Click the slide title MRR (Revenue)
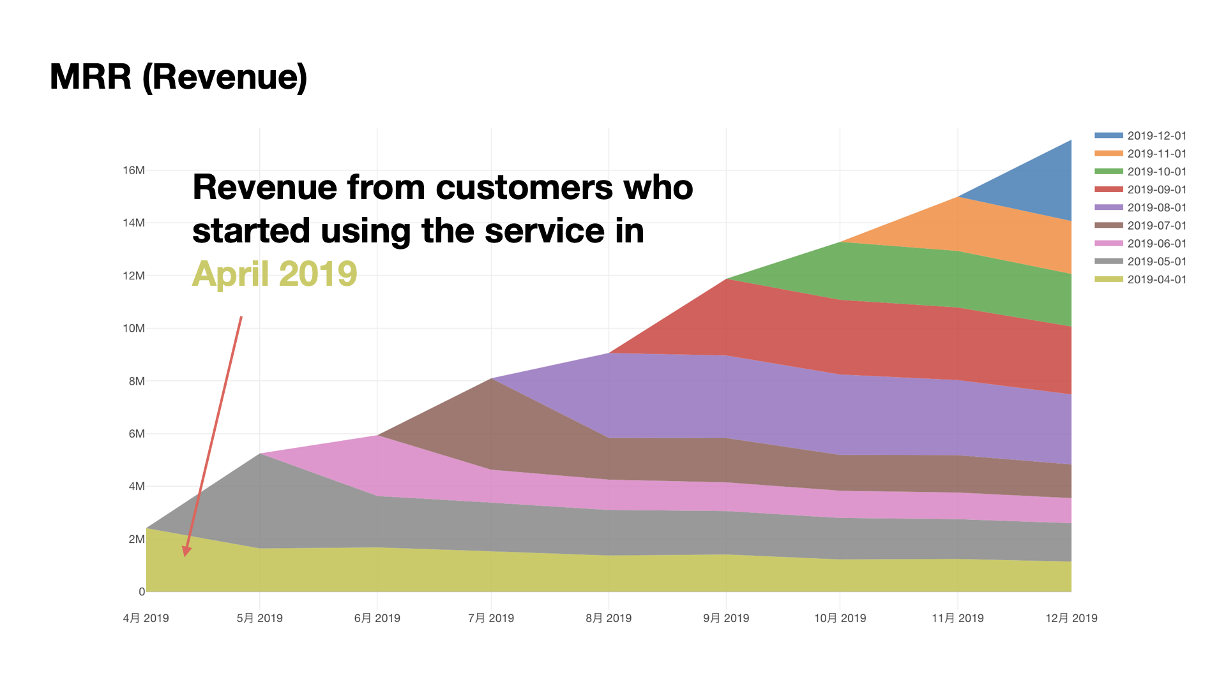click(178, 77)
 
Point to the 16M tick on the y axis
click(134, 170)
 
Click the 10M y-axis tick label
click(134, 329)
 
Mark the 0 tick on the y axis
click(142, 592)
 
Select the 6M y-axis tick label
click(137, 434)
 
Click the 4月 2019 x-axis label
click(146, 618)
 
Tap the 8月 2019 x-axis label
click(609, 618)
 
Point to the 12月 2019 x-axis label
click(1071, 618)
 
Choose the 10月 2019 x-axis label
click(840, 618)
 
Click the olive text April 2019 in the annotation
click(275, 274)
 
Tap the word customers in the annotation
click(524, 188)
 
